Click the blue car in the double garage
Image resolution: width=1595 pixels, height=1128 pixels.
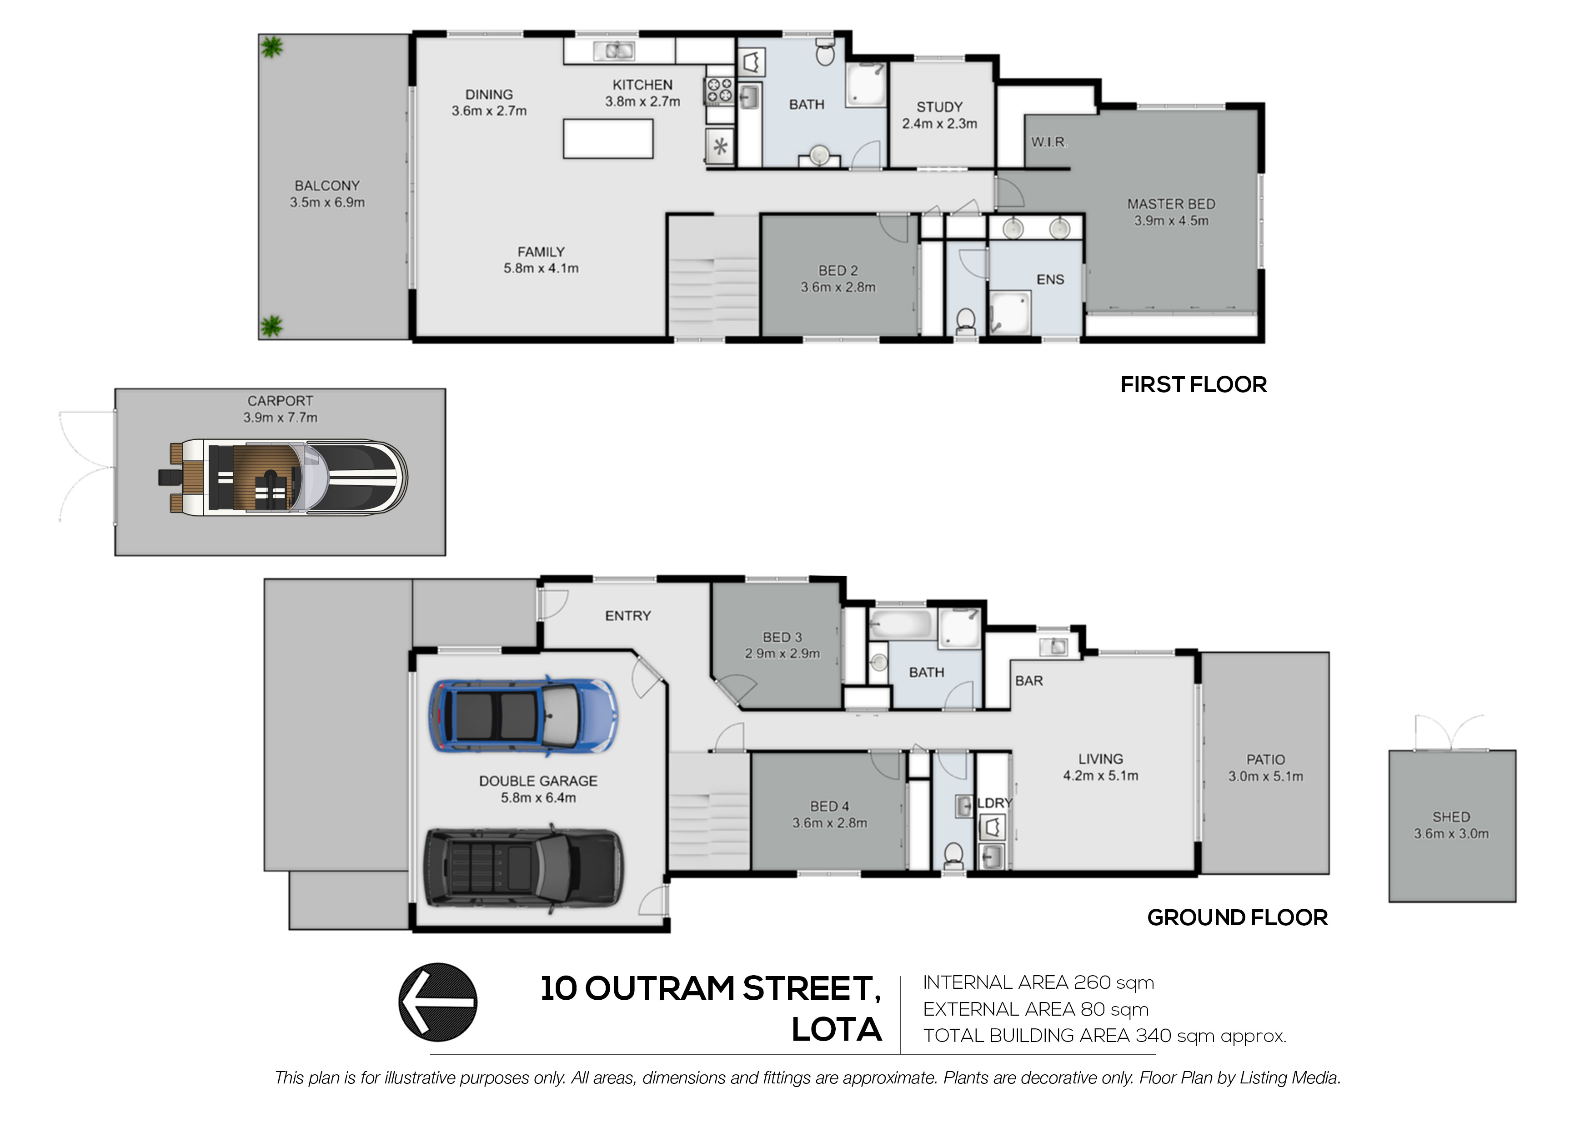pos(522,716)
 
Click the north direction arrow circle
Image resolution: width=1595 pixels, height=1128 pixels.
pos(438,1002)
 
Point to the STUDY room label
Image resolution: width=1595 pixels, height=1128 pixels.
pos(939,107)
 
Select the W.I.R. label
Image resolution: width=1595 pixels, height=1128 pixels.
pos(1048,142)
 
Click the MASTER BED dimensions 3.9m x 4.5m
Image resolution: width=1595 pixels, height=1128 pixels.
pos(1171,221)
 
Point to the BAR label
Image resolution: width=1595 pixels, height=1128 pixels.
pos(1029,680)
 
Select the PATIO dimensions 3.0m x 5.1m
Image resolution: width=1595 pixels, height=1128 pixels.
pos(1265,776)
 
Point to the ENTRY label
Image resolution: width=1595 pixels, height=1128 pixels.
pos(627,616)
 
